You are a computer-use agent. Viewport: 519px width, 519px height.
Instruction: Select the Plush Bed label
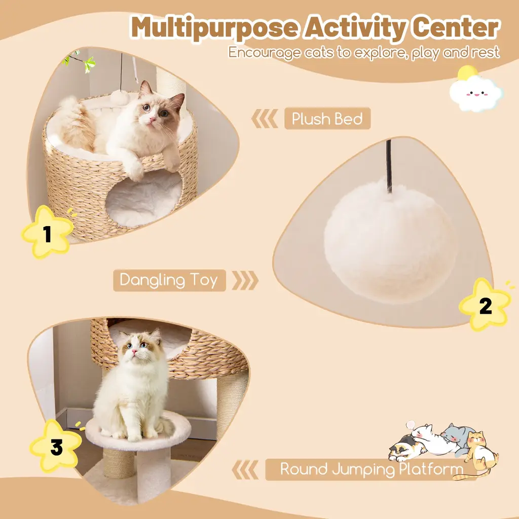click(327, 119)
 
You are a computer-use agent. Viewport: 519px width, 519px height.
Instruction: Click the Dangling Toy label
click(169, 280)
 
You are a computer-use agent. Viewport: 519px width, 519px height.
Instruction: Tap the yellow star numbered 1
click(47, 232)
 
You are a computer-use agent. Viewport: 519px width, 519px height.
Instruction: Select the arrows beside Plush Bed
click(265, 119)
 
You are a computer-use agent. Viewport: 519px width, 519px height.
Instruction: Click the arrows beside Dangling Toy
click(245, 280)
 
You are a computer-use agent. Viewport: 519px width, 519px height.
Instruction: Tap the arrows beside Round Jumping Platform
click(245, 469)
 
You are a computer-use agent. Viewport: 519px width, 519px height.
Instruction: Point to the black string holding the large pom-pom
click(389, 166)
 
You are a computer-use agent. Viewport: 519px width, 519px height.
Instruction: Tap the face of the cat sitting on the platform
click(139, 348)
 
